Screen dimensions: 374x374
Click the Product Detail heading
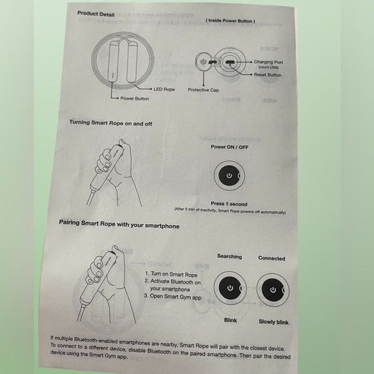96,14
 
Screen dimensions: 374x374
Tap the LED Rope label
164,89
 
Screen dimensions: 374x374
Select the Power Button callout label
135,99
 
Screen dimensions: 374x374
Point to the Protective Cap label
203,90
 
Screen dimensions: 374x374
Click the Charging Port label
268,62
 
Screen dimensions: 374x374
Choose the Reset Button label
268,75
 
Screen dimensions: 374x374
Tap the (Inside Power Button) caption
230,21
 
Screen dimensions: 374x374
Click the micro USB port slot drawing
230,63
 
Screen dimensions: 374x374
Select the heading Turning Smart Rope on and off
111,123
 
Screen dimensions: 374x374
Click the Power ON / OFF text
230,147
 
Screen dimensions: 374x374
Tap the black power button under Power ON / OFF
228,175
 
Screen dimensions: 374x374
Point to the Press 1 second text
229,204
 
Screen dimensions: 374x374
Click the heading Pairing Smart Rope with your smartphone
119,224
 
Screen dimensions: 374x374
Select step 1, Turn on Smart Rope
172,274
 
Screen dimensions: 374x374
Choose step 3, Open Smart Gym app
173,297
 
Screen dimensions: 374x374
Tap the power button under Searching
230,288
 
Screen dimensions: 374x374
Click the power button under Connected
273,290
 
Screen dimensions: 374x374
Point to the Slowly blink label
273,322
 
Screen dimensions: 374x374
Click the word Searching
230,257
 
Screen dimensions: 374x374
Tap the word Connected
271,259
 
